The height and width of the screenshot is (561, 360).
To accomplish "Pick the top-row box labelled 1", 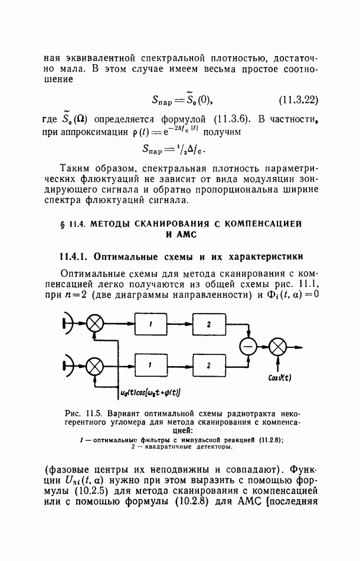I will click(150, 324).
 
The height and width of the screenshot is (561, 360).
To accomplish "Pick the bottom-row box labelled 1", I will click(150, 365).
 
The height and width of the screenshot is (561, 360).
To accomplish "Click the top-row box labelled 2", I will click(208, 324).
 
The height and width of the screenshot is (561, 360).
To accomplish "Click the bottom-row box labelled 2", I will click(208, 365).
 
